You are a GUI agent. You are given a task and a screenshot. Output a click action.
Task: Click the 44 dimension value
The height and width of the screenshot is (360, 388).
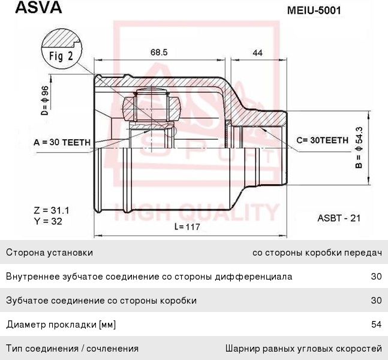pyautogui.click(x=257, y=53)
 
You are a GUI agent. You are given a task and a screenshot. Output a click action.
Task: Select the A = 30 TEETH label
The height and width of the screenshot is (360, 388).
pyautogui.click(x=62, y=142)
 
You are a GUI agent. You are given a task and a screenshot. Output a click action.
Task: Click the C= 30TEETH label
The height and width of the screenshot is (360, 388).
pyautogui.click(x=322, y=140)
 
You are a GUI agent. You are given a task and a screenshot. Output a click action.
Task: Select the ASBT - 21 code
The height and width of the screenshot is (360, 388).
pyautogui.click(x=339, y=219)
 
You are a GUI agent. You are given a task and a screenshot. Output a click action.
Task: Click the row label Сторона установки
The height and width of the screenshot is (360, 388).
pyautogui.click(x=49, y=253)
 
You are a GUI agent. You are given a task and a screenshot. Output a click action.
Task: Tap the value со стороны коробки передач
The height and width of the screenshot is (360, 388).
pyautogui.click(x=317, y=253)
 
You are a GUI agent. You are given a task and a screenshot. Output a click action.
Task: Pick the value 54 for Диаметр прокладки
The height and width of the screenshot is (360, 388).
pyautogui.click(x=377, y=325)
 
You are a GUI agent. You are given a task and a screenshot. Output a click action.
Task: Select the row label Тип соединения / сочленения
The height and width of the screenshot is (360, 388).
pyautogui.click(x=72, y=348)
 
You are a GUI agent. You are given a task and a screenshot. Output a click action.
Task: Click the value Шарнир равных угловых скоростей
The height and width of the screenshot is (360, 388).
pyautogui.click(x=303, y=348)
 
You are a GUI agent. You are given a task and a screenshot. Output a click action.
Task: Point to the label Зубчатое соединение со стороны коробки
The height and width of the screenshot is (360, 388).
pyautogui.click(x=101, y=301)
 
